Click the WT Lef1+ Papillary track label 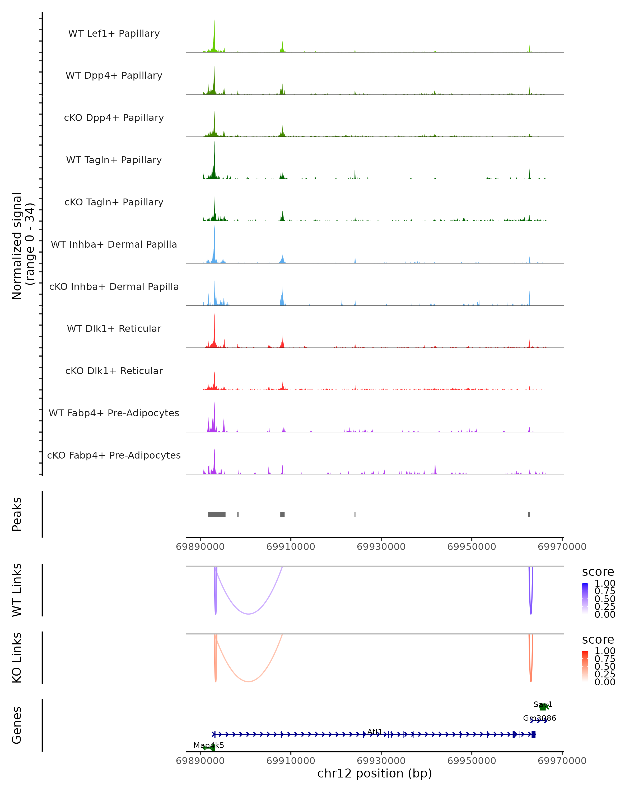[114, 34]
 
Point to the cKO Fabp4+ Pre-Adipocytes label [114, 455]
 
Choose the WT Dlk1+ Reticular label [114, 328]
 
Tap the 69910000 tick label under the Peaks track [291, 547]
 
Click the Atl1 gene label [375, 731]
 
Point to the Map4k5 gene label [209, 745]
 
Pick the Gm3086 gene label [539, 718]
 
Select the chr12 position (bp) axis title [375, 773]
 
